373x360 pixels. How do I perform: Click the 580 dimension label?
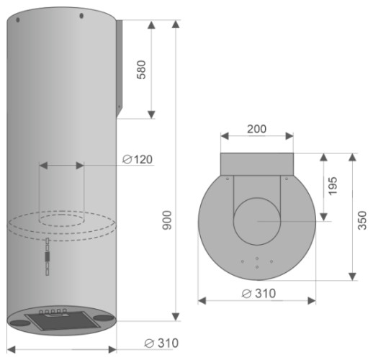(x=141, y=70)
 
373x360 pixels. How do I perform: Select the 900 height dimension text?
(x=167, y=220)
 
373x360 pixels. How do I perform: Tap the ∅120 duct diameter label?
(x=138, y=159)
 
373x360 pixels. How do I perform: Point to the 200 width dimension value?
(x=256, y=129)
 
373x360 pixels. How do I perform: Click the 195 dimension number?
(x=333, y=186)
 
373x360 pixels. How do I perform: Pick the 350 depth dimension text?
(x=362, y=220)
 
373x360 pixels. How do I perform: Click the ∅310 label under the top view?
(x=259, y=293)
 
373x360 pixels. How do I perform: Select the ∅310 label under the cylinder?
(x=161, y=343)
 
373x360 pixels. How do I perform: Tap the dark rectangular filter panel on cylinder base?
(x=63, y=320)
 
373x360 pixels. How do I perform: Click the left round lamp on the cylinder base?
(x=20, y=323)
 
